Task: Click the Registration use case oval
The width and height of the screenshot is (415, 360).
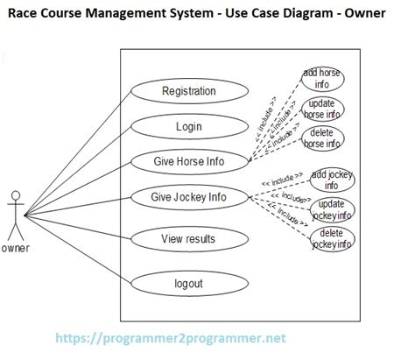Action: [x=189, y=91]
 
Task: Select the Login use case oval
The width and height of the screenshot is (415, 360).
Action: [x=188, y=126]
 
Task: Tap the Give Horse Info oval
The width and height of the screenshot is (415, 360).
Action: [x=188, y=161]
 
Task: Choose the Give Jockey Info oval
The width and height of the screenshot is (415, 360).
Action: [x=188, y=196]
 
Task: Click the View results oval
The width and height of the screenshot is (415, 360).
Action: [x=188, y=238]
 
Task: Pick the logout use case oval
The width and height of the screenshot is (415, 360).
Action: [x=188, y=283]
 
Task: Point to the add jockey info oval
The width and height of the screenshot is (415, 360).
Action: [x=332, y=180]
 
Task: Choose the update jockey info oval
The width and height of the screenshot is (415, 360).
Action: [x=332, y=209]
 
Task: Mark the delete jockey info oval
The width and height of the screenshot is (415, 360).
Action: [x=332, y=238]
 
